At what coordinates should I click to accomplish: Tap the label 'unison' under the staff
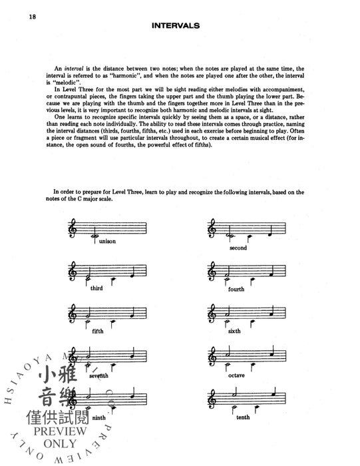tap(106, 241)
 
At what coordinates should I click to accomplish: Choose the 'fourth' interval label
tap(236, 289)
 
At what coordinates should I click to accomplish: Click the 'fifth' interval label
tap(98, 330)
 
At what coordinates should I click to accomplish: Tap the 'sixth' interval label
tap(234, 330)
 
